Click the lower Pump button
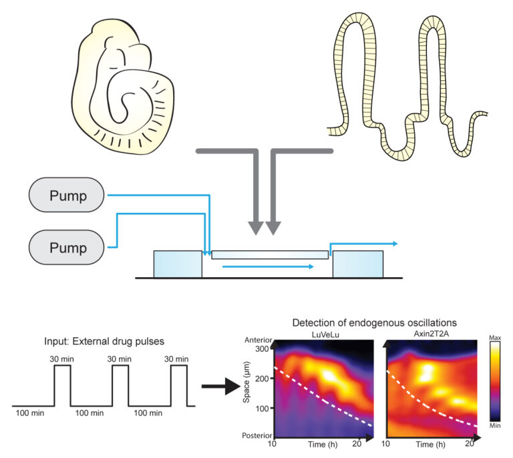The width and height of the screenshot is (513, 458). [67, 248]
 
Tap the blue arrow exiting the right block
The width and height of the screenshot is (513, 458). [364, 244]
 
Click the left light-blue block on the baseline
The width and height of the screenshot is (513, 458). [177, 264]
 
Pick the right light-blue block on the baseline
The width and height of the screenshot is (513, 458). [357, 264]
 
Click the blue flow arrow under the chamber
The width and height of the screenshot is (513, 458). [268, 266]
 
